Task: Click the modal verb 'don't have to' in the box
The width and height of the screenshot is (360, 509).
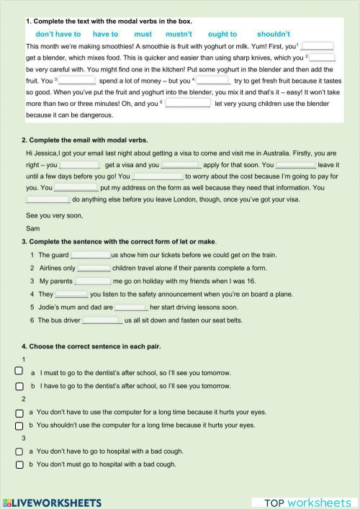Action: pyautogui.click(x=58, y=34)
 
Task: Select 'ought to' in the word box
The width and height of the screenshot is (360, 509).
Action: pyautogui.click(x=222, y=34)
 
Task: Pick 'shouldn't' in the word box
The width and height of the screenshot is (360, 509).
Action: pyautogui.click(x=273, y=34)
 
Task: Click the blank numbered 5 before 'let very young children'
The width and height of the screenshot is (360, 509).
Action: pyautogui.click(x=188, y=103)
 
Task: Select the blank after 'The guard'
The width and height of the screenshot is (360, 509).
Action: pyautogui.click(x=91, y=255)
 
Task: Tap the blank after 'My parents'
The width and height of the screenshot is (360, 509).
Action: pyautogui.click(x=93, y=281)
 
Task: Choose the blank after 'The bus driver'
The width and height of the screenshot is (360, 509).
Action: pyautogui.click(x=102, y=320)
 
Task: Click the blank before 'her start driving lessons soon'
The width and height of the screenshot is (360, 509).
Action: pyautogui.click(x=130, y=307)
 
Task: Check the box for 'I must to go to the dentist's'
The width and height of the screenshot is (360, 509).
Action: pyautogui.click(x=19, y=371)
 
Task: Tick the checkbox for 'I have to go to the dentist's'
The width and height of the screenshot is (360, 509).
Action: pyautogui.click(x=19, y=386)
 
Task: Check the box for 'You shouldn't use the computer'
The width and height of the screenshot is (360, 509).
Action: pyautogui.click(x=19, y=425)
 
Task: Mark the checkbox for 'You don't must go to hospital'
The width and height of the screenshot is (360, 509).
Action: pyautogui.click(x=19, y=464)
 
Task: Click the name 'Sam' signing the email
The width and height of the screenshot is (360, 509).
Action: pyautogui.click(x=31, y=228)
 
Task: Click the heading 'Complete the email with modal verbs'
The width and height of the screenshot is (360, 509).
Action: pyautogui.click(x=89, y=140)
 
